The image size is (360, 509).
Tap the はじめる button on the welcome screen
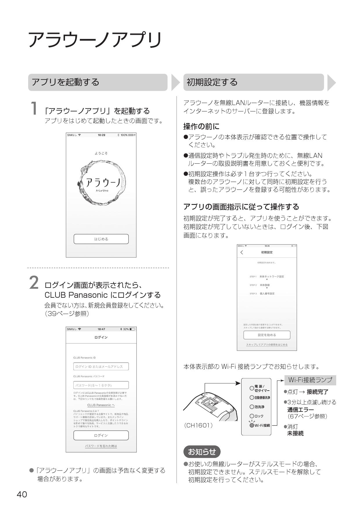pyautogui.click(x=101, y=239)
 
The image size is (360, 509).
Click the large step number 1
pyautogui.click(x=34, y=109)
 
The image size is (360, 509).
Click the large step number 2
pyautogui.click(x=34, y=283)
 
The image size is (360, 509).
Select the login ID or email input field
pyautogui.click(x=101, y=367)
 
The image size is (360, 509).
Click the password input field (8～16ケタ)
pyautogui.click(x=101, y=385)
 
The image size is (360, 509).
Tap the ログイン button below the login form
pyautogui.click(x=101, y=435)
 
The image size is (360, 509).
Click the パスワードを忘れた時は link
pyautogui.click(x=101, y=446)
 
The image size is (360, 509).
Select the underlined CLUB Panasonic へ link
pyautogui.click(x=101, y=405)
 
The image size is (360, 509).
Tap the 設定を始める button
pyautogui.click(x=267, y=335)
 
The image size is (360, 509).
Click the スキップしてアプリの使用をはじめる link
pyautogui.click(x=267, y=345)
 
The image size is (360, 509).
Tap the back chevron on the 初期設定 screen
pyautogui.click(x=242, y=252)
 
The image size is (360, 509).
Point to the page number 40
pyautogui.click(x=22, y=494)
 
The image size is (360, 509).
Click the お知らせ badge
pyautogui.click(x=202, y=452)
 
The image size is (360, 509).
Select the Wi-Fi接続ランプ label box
pyautogui.click(x=310, y=380)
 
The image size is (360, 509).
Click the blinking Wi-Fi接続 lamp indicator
pyautogui.click(x=252, y=425)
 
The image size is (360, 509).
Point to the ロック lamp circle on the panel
pyautogui.click(x=252, y=416)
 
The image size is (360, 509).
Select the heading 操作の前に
pyautogui.click(x=201, y=127)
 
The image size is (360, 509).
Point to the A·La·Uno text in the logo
pyautogui.click(x=102, y=191)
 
